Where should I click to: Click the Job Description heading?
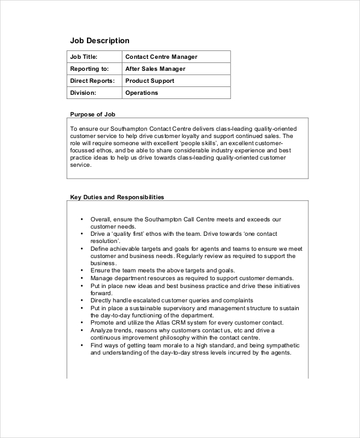[x=100, y=41]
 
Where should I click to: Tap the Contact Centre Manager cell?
[x=161, y=57]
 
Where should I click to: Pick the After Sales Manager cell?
[x=155, y=69]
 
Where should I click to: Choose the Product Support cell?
[x=149, y=81]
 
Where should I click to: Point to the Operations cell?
[x=142, y=93]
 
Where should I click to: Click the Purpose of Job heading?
[x=92, y=114]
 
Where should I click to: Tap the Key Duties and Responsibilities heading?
[x=117, y=197]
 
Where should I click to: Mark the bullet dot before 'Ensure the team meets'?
[x=82, y=271]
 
